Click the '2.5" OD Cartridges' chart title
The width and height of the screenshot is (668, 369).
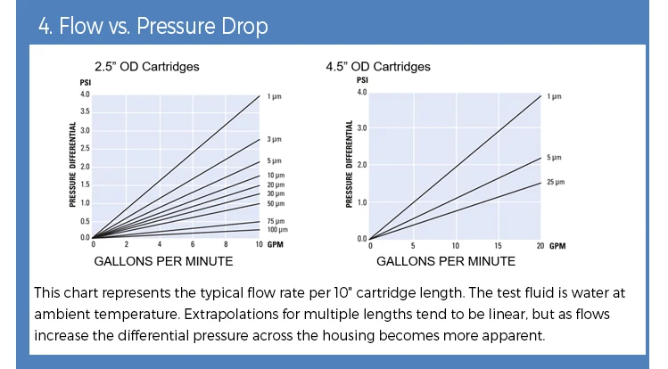147,66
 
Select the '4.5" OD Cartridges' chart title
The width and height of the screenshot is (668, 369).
378,66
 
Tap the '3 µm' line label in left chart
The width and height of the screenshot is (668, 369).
274,139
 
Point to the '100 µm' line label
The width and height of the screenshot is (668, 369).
276,230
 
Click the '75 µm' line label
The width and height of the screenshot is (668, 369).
276,221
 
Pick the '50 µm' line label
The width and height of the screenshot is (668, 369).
276,203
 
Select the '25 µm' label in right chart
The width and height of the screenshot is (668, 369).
556,182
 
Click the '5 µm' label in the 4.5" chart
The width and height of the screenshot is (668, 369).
554,157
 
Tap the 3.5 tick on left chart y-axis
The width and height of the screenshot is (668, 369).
85,111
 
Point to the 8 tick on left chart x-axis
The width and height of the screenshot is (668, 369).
226,244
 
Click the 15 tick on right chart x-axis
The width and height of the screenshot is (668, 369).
498,245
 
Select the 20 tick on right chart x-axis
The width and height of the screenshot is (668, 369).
540,245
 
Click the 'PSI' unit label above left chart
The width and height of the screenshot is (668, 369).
86,83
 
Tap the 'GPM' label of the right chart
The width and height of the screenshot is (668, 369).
557,245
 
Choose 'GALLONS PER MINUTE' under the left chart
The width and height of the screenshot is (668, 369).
163,261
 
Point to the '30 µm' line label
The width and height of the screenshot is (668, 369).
276,193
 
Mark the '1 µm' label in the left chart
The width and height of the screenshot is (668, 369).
274,95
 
